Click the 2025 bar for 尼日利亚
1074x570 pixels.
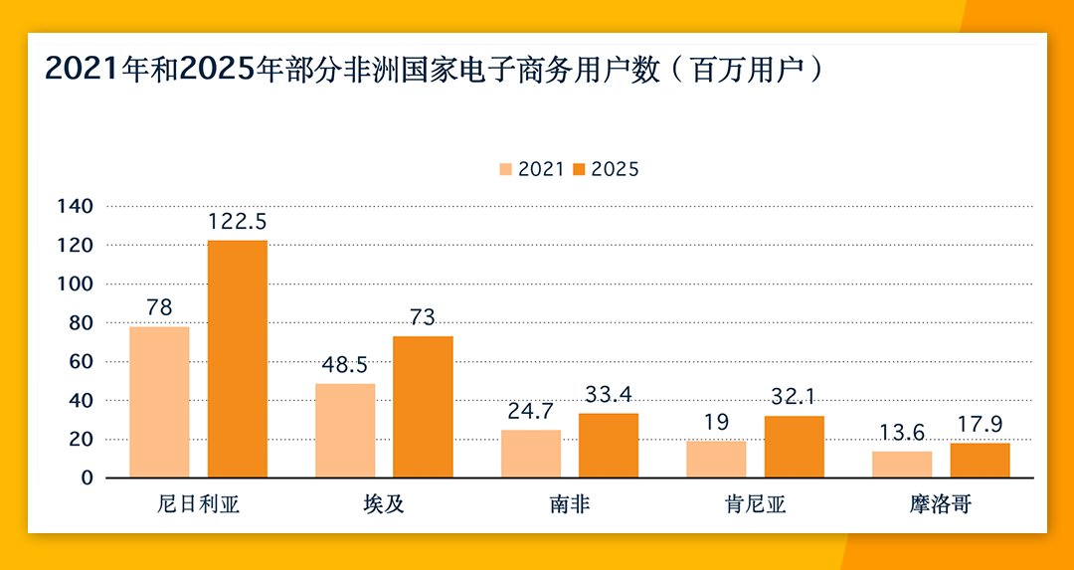click(x=237, y=358)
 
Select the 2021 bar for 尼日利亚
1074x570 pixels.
click(x=159, y=402)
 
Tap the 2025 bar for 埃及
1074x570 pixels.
click(x=423, y=407)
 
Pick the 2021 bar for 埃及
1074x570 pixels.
click(x=345, y=430)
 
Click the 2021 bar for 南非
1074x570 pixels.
click(x=531, y=454)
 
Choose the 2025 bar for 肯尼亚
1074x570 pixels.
click(x=794, y=447)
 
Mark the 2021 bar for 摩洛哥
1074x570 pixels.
click(x=902, y=465)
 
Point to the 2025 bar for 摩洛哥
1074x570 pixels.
click(x=980, y=461)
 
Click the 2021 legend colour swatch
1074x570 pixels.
click(x=505, y=169)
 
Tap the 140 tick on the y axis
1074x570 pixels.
click(x=76, y=206)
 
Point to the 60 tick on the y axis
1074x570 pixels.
click(x=81, y=361)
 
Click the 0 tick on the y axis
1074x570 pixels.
click(x=87, y=477)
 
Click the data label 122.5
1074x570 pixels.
click(x=237, y=221)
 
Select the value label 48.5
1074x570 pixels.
click(x=345, y=365)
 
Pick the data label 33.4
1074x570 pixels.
click(x=609, y=395)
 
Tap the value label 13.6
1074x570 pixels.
click(x=902, y=433)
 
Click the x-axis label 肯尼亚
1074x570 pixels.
click(x=755, y=504)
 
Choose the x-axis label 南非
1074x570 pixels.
click(x=570, y=504)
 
